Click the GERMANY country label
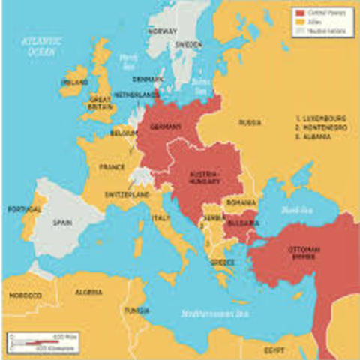(x=166, y=126)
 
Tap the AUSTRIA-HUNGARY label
(x=204, y=176)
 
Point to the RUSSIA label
(x=250, y=121)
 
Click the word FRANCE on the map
(x=112, y=167)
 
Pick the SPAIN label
(x=61, y=222)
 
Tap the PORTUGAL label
(x=20, y=209)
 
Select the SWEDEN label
(x=188, y=45)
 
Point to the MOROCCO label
(x=25, y=295)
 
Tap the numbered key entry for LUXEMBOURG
(x=321, y=118)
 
